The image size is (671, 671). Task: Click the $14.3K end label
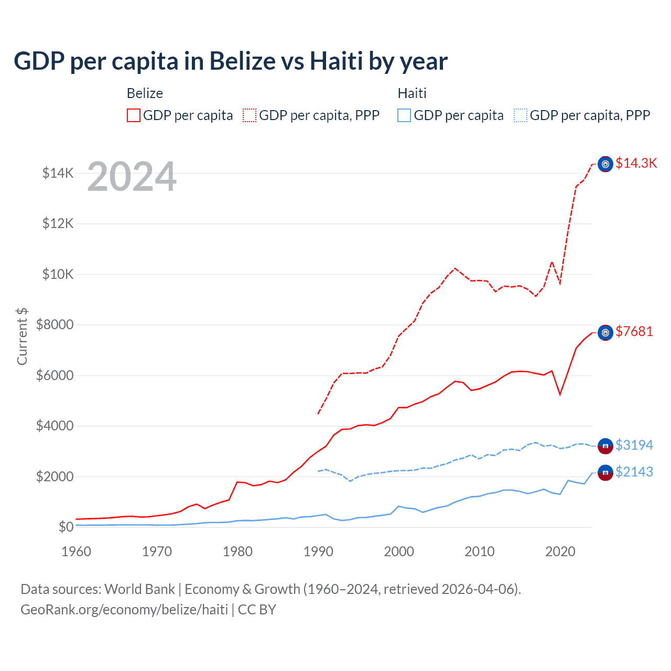[x=636, y=163]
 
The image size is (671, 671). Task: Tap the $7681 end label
[x=634, y=331]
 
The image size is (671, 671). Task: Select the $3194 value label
[x=634, y=445]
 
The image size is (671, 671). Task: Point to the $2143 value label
[x=634, y=472]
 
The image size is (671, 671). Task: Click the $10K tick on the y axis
[x=58, y=274]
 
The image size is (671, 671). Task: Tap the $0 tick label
[x=66, y=527]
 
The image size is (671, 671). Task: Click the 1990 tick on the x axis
[x=318, y=551]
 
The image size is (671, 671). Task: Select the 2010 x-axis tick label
[x=480, y=551]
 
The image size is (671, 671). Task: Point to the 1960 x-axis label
[x=77, y=551]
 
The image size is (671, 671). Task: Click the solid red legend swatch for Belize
[x=134, y=115]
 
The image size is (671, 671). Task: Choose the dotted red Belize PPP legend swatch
[x=250, y=115]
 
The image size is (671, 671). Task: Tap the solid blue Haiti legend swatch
[x=404, y=115]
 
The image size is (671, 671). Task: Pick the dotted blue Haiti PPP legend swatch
[x=521, y=115]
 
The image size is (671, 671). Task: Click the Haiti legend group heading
[x=412, y=93]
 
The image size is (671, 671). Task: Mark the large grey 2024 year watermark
[x=132, y=177]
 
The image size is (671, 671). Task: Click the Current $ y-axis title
[x=22, y=336]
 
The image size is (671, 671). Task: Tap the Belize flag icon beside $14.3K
[x=605, y=164]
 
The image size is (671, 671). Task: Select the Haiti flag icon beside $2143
[x=605, y=473]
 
